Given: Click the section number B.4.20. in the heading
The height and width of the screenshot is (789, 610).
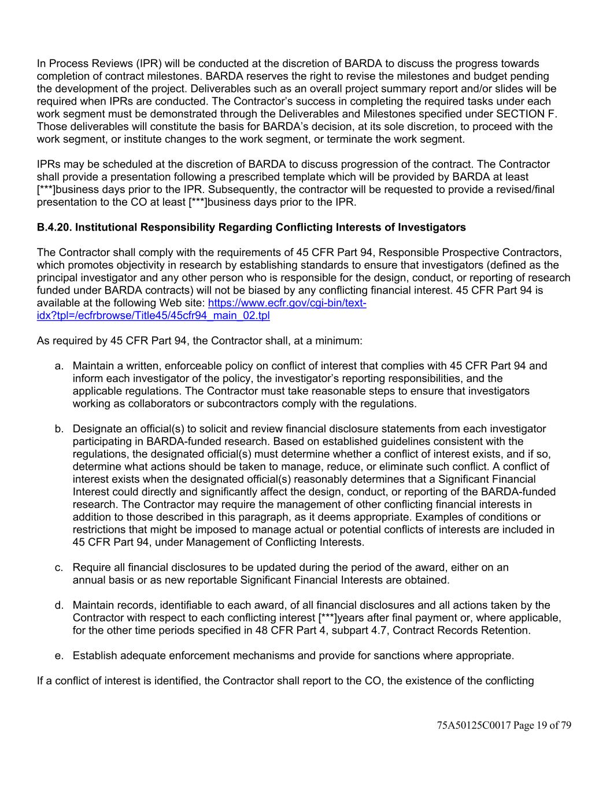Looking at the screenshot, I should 54,228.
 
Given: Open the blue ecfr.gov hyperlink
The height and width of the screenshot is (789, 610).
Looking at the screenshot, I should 287,303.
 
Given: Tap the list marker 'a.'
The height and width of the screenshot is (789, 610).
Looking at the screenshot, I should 59,366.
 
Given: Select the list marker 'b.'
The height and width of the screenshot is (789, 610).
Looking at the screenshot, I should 59,429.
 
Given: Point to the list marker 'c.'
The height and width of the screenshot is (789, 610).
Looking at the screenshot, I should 59,568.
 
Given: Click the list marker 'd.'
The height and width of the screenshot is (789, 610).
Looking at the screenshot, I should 59,605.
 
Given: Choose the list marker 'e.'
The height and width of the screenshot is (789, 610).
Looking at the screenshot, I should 59,655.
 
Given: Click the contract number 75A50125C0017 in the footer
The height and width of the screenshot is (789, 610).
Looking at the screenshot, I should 474,725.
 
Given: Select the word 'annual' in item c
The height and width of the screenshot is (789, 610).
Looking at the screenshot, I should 88,580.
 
